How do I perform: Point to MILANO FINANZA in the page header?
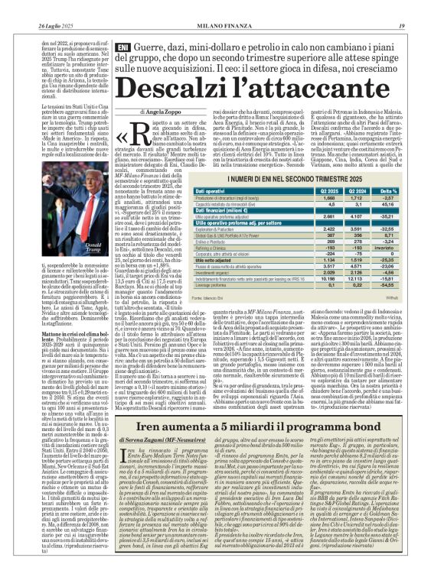pos(221,7)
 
